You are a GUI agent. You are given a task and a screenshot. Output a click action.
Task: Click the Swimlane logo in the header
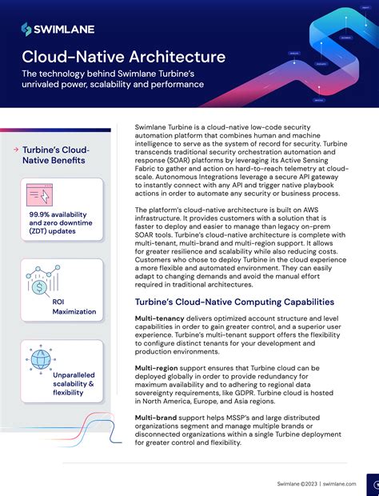click(58, 29)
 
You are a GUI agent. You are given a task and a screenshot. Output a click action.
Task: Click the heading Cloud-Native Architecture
click(123, 57)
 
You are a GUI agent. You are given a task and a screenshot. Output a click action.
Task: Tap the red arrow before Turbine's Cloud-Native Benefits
click(28, 150)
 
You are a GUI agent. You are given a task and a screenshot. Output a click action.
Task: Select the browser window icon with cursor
click(40, 196)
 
